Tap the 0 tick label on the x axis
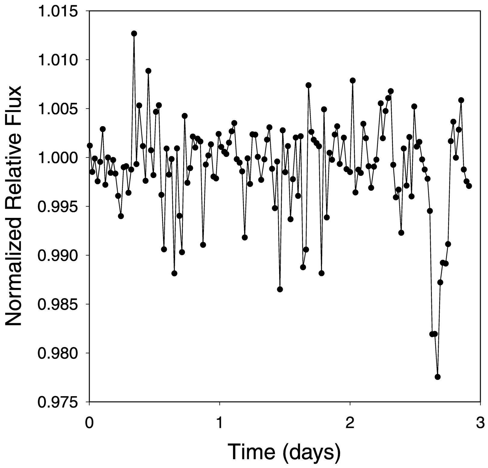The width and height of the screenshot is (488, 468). (x=89, y=423)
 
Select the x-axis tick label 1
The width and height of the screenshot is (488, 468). (x=219, y=423)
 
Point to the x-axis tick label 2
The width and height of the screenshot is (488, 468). (x=350, y=423)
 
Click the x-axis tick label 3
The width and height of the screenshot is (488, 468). (x=480, y=423)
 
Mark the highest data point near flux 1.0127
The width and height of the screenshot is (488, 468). (x=134, y=33)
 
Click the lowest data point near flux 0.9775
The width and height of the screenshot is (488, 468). (x=438, y=377)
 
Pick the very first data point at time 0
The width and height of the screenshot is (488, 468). (x=90, y=146)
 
